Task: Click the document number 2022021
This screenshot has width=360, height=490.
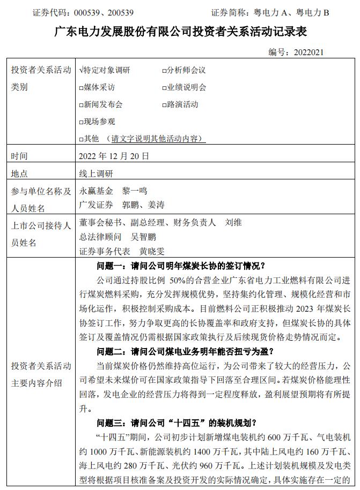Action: [307, 52]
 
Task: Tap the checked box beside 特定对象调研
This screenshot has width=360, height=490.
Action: [80, 70]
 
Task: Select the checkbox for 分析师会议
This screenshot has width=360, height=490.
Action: [164, 70]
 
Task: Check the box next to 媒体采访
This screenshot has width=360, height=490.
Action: [81, 87]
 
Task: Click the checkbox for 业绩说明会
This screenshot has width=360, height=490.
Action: [164, 87]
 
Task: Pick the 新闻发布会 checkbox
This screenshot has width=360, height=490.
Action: [81, 104]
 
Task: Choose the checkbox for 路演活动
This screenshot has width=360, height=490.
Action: [164, 104]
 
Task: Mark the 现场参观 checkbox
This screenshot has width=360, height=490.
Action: [81, 122]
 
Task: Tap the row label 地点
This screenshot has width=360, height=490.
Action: [19, 173]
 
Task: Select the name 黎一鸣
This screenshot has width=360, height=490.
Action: [135, 190]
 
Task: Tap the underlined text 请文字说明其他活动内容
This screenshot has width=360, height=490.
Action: [156, 139]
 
